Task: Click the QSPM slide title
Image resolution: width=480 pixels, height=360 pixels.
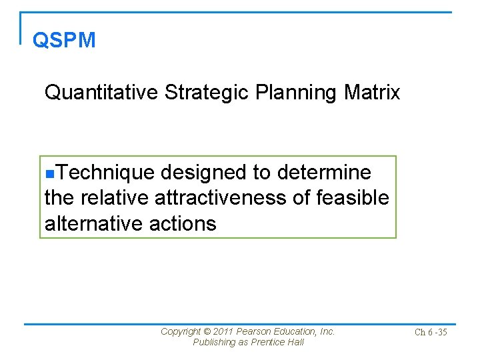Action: (64, 41)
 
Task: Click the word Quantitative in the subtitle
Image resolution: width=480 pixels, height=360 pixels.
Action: (101, 93)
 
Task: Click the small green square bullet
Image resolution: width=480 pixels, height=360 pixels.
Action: (48, 174)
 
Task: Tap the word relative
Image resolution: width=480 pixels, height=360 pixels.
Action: (114, 198)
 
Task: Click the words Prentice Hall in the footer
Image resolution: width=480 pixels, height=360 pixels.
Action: (278, 342)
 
